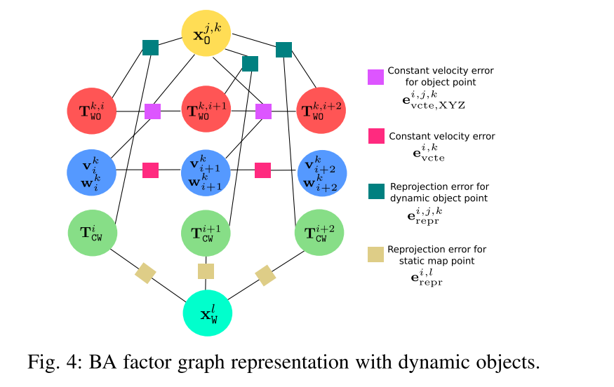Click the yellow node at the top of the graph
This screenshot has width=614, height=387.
pos(206,33)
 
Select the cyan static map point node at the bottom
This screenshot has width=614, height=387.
pos(208,313)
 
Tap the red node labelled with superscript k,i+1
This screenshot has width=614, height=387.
pos(206,109)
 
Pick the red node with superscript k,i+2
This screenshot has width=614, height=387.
pos(321,110)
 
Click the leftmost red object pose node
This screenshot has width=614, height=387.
pos(92,111)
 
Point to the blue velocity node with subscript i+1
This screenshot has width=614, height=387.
pos(206,173)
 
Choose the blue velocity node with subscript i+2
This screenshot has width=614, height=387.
pos(322,173)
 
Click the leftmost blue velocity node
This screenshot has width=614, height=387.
pos(92,172)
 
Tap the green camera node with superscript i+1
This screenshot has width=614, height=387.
pos(206,233)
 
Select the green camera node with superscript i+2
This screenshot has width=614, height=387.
pos(319,233)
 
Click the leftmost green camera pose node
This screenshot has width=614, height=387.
pos(93,233)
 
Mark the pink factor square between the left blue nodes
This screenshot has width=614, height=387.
pos(150,170)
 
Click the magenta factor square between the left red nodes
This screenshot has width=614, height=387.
pos(153,111)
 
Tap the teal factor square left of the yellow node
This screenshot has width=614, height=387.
pos(150,48)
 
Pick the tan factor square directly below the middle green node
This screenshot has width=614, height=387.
pos(206,271)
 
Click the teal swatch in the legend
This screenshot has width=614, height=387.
pos(376,191)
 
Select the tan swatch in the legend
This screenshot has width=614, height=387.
pos(376,254)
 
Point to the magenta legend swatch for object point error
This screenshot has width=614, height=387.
pos(376,77)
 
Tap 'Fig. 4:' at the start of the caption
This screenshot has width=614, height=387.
pos(55,362)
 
